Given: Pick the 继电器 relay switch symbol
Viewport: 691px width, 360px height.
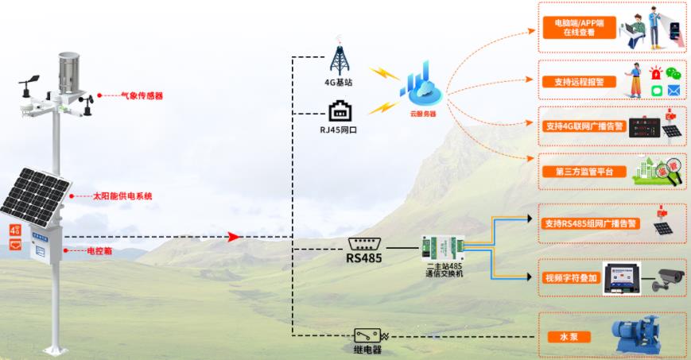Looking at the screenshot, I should coord(367,336).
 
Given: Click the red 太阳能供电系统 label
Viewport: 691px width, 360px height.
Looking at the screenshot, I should coord(122,195).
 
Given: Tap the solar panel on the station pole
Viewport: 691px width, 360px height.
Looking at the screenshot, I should coord(33,195).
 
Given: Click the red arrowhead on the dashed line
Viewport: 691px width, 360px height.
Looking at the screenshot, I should coord(233,237).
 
